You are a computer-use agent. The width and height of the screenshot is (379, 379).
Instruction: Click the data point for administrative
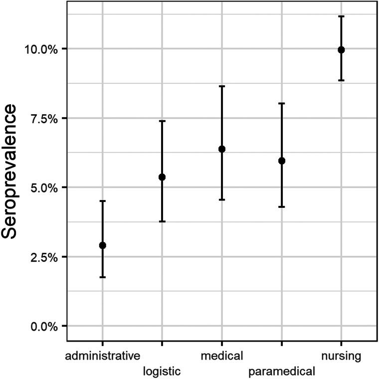click(102, 245)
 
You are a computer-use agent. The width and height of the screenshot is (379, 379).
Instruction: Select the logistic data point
click(162, 177)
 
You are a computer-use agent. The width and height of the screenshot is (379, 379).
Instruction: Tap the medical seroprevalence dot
click(222, 149)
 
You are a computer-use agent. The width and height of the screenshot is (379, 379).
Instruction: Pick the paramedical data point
click(282, 161)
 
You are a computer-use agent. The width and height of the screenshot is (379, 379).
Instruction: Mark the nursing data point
click(341, 50)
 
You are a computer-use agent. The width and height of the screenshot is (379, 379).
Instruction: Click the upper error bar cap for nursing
click(341, 16)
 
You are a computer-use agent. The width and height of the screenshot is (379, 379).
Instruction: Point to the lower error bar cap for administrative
click(102, 277)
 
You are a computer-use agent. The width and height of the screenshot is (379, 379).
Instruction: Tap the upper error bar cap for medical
click(222, 86)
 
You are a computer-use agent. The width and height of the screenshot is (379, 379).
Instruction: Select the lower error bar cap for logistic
click(162, 221)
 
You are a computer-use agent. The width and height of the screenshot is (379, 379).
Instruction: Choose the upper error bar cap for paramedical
click(282, 103)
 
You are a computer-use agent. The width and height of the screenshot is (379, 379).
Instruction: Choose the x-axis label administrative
click(102, 357)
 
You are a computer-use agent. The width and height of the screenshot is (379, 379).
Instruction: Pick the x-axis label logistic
click(162, 371)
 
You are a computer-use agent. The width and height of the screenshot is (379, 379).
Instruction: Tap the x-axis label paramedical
click(282, 371)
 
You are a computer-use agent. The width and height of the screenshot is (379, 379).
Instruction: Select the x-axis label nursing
click(341, 357)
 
